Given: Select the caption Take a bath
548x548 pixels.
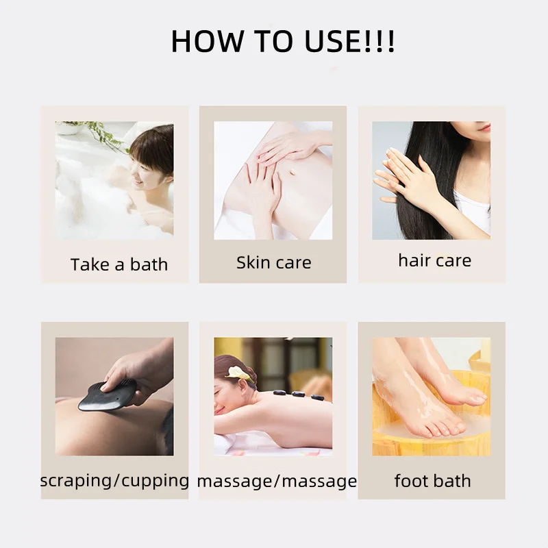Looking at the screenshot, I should click(x=119, y=264).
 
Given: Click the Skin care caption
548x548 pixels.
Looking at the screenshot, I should click(x=274, y=262).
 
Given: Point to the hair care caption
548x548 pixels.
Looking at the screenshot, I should click(x=434, y=260).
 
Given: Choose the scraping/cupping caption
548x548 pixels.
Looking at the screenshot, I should click(x=114, y=480).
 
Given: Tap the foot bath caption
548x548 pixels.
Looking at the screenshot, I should click(x=432, y=481).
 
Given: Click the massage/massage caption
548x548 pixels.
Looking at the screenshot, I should click(x=277, y=482).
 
